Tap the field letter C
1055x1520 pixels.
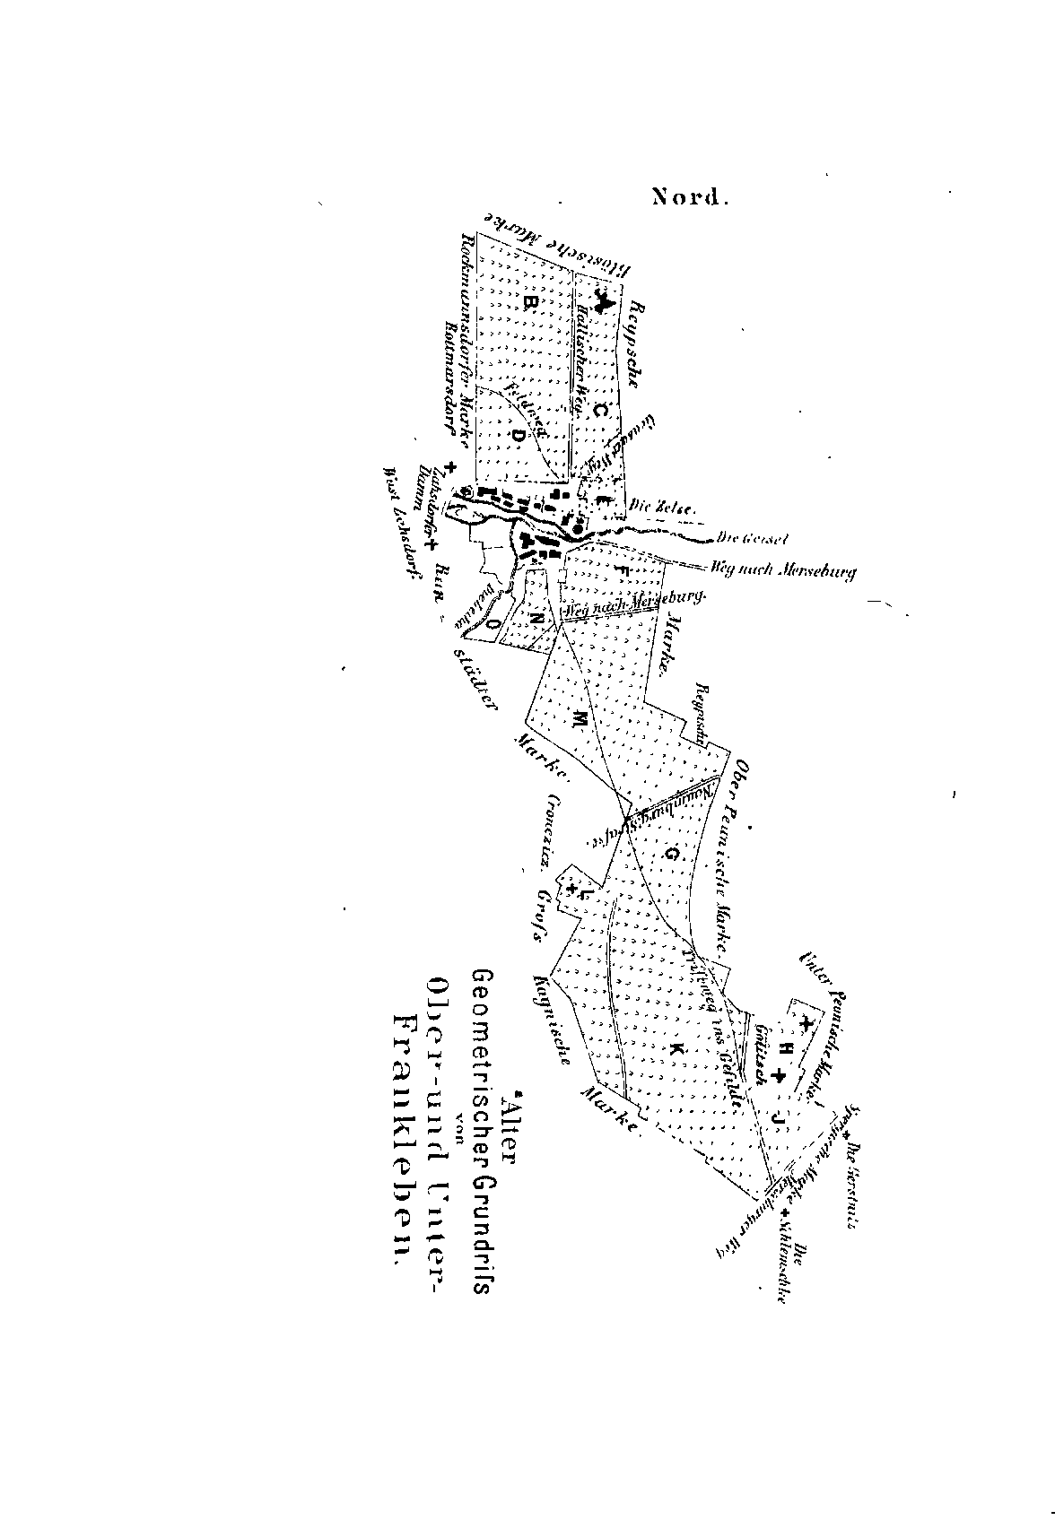(x=601, y=411)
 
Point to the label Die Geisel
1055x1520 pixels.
(x=753, y=539)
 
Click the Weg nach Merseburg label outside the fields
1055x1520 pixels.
(x=783, y=569)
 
